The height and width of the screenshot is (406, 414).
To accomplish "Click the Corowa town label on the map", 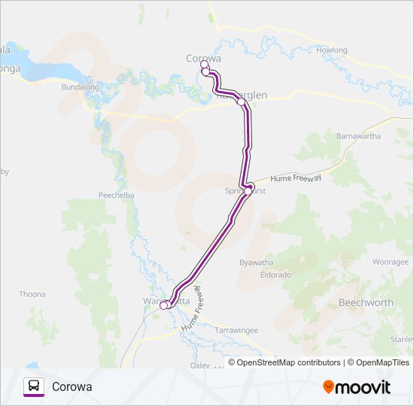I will (x=203, y=57).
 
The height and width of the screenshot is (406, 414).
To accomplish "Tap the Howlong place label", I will (x=333, y=50).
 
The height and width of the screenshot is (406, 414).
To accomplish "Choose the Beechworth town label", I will (x=367, y=302).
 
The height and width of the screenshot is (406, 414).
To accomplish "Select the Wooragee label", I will (x=390, y=262).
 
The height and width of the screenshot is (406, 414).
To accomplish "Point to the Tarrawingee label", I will (x=237, y=330).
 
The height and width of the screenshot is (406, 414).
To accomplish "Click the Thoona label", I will (x=32, y=294).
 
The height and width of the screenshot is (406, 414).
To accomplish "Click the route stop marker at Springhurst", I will (x=248, y=191).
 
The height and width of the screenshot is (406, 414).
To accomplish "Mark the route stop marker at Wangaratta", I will (x=164, y=305).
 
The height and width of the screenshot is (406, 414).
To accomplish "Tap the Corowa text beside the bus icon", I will (x=72, y=387).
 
